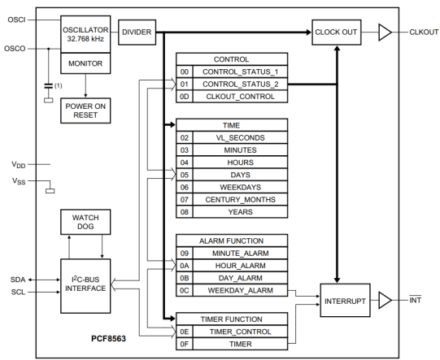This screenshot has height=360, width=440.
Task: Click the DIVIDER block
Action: coord(137,33)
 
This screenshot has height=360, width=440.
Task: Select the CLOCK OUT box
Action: coord(337,33)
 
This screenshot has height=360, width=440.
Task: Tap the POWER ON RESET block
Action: coord(85,111)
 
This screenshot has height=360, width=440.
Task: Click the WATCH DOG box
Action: coord(85,222)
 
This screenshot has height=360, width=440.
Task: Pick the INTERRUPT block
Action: coord(345,301)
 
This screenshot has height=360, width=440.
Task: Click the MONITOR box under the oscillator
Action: coord(85,63)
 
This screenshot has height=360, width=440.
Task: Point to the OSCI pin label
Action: coord(16,20)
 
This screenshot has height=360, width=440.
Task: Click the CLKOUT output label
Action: coord(424,33)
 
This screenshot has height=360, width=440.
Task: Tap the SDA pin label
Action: coord(18,280)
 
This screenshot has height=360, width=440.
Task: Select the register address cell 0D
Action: coord(185,97)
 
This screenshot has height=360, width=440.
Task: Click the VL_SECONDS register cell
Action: coord(240,137)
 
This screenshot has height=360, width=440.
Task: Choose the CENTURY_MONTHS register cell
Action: coord(240,200)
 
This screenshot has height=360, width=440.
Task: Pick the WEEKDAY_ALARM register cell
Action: coord(240,290)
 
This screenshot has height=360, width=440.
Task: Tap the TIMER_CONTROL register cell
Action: coord(240,332)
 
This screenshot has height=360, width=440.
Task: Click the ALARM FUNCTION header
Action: coord(232,241)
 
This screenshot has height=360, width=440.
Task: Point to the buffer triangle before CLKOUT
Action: coord(385,33)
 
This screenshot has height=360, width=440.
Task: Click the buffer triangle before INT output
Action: coord(385,301)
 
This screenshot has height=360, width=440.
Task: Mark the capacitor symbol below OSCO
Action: coord(49,86)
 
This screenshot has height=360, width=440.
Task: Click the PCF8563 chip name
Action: coord(108,339)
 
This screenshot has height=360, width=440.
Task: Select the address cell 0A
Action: coord(185,266)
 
